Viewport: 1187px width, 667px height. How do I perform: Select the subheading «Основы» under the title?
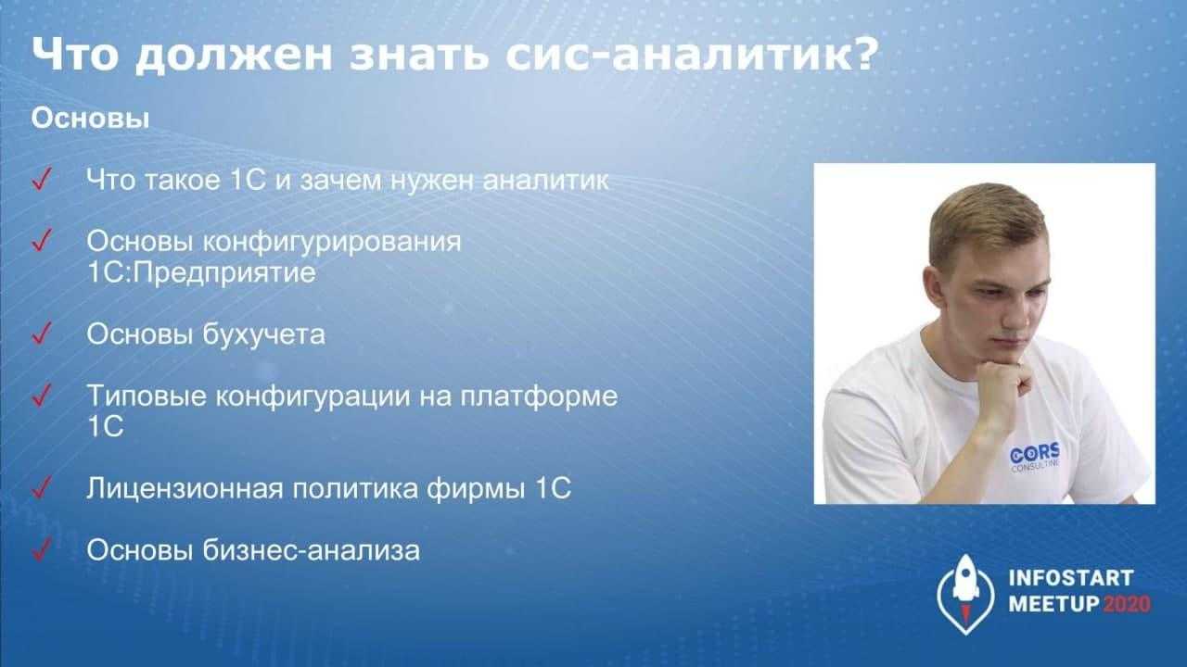(x=90, y=118)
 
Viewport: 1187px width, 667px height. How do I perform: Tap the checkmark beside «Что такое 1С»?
(x=42, y=179)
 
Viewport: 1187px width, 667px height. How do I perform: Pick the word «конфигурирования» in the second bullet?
(x=332, y=242)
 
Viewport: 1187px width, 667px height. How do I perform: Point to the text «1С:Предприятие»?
(x=201, y=273)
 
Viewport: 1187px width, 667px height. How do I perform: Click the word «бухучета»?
(x=264, y=334)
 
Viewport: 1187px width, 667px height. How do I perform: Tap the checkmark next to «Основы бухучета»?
(x=42, y=333)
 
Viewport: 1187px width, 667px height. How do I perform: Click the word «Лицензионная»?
(x=185, y=488)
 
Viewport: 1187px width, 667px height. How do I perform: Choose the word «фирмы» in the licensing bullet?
(x=477, y=488)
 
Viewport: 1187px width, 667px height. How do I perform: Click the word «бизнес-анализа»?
(x=312, y=550)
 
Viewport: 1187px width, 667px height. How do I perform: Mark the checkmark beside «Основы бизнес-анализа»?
(x=42, y=548)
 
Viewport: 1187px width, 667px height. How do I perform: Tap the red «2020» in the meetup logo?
(x=1127, y=604)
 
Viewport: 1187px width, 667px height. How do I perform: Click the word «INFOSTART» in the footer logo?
(x=1071, y=578)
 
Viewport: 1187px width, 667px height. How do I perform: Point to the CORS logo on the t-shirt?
(x=1034, y=458)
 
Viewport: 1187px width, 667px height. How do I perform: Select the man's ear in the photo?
(x=934, y=289)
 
